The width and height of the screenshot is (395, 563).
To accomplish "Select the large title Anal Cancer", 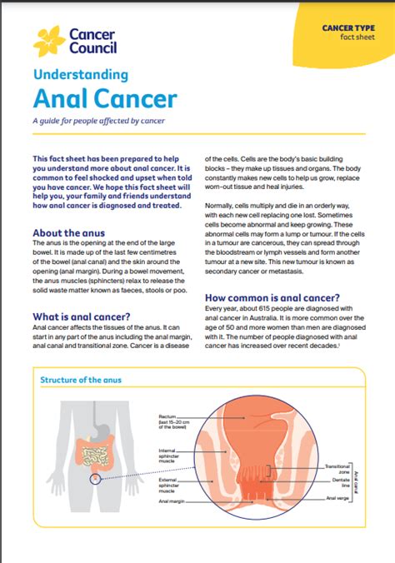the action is coord(105,98).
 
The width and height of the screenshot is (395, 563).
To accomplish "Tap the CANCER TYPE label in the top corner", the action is coord(347,28).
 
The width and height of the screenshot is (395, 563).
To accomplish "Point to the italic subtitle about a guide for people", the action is coord(98,122).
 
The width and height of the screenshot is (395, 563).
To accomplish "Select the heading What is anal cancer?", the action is coord(80,316).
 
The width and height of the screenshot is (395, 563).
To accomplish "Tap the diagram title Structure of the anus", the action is coord(82,380).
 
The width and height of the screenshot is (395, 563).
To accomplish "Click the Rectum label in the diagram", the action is coord(167,415).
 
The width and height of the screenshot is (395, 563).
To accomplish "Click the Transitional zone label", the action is coord(337,469).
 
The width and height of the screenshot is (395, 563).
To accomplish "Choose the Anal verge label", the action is coord(336,498).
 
